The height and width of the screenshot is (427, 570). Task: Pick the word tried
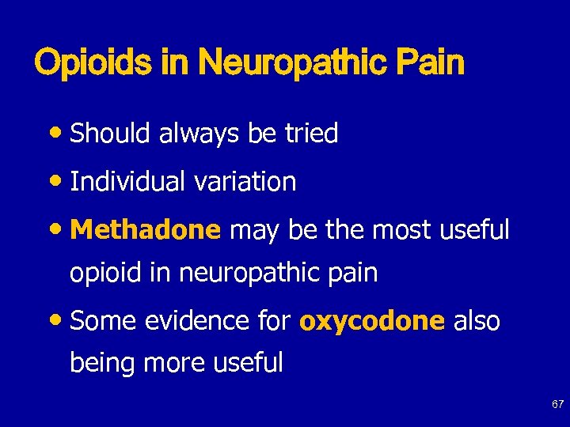click(x=310, y=134)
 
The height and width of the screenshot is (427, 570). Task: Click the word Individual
click(x=127, y=182)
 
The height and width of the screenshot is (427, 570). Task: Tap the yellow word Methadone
click(x=145, y=230)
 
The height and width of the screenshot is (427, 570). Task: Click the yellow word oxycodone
click(x=372, y=321)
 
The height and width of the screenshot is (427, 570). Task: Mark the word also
click(x=477, y=321)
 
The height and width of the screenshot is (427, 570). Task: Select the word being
click(x=99, y=363)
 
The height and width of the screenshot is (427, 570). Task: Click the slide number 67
click(x=557, y=404)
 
